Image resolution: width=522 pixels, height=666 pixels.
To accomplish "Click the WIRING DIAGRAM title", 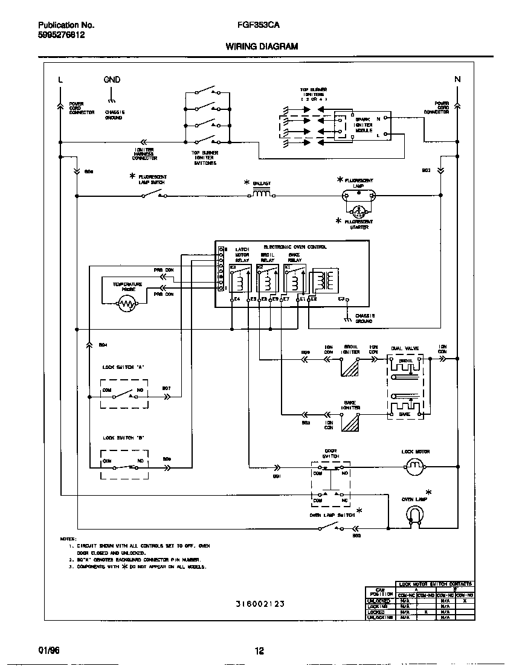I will [261, 46].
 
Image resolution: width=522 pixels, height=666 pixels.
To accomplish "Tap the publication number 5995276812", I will [61, 36].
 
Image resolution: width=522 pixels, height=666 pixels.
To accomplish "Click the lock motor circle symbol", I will [415, 466].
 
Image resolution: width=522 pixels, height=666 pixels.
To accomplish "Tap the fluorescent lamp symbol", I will [359, 195].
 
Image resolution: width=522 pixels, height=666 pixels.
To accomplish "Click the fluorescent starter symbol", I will [359, 212].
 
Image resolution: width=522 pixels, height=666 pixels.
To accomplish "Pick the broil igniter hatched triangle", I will [350, 367].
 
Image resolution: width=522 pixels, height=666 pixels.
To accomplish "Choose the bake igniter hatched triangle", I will [350, 423].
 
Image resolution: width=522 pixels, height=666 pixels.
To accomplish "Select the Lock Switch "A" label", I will [124, 367].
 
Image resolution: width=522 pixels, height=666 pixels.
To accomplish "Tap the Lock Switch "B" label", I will [124, 438].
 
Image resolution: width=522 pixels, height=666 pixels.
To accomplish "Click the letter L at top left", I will [60, 80].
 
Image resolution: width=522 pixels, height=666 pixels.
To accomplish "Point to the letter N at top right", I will [457, 80].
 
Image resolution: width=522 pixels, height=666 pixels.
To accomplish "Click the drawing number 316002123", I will [260, 603].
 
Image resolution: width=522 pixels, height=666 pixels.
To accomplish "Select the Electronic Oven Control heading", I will [295, 246].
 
